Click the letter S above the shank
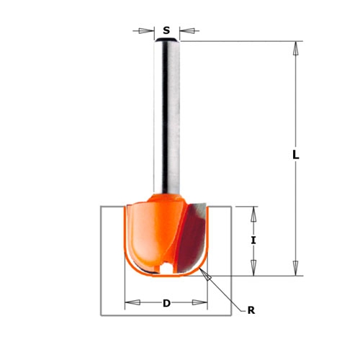[x=166, y=30]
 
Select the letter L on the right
[x=296, y=156]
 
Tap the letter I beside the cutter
[x=253, y=240]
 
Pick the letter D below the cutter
[x=166, y=303]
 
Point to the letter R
[x=251, y=310]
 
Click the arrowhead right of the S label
[x=187, y=31]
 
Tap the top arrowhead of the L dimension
[x=296, y=48]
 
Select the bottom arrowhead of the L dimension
[x=296, y=269]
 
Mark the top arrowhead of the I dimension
[x=253, y=214]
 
